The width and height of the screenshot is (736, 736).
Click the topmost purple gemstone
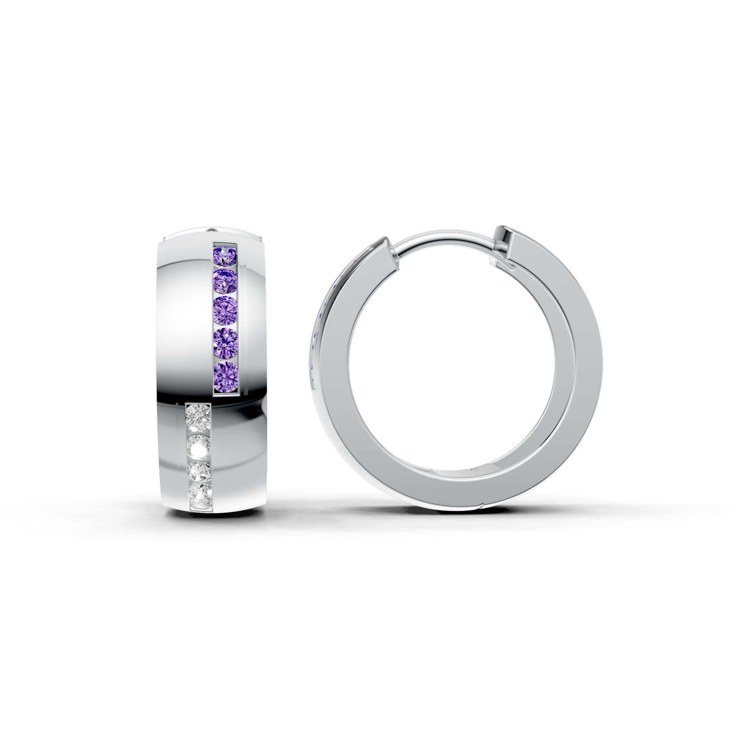(225, 256)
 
